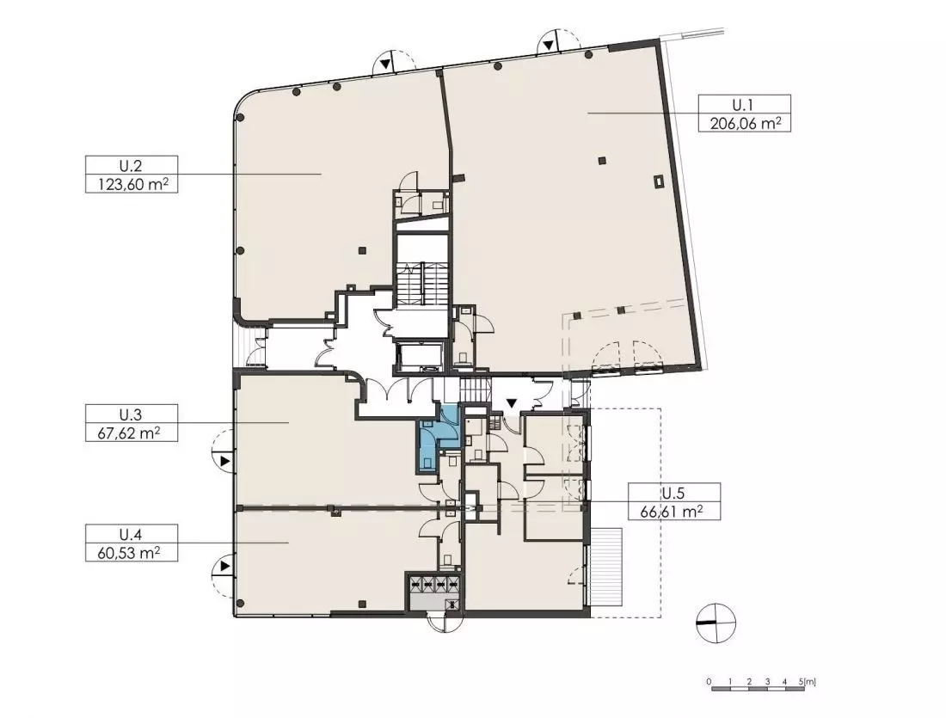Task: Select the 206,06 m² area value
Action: (745, 123)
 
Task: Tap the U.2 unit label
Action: (131, 166)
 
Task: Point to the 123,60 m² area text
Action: (132, 184)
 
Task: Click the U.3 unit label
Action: (131, 414)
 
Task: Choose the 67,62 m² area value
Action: (132, 433)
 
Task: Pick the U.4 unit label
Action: (131, 535)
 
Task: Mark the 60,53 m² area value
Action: (132, 553)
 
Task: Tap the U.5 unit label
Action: (674, 494)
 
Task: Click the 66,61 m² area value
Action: (674, 512)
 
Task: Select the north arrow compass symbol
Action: (716, 623)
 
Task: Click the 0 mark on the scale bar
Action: (710, 682)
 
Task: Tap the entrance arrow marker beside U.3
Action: (224, 462)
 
